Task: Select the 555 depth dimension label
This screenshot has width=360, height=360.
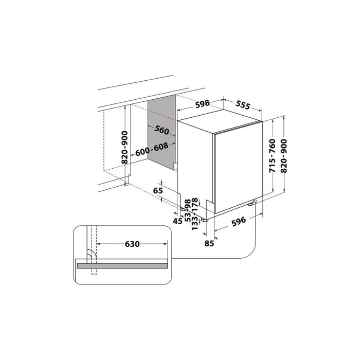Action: [242, 105]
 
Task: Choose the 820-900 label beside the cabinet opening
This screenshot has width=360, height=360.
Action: [124, 148]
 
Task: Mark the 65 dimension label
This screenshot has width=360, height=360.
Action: [158, 191]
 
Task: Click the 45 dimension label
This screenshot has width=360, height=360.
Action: [178, 221]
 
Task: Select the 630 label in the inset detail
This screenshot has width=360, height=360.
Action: [132, 244]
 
